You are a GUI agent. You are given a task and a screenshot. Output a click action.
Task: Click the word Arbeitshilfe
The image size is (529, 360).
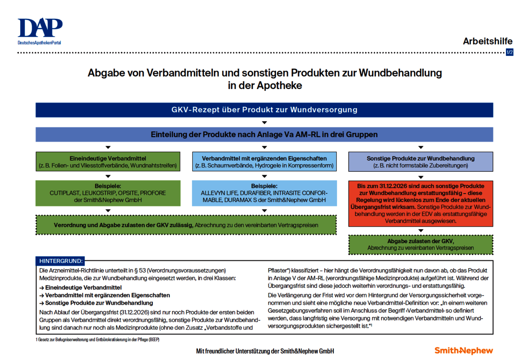[487, 41]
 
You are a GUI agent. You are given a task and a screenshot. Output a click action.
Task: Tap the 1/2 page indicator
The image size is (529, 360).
[509, 52]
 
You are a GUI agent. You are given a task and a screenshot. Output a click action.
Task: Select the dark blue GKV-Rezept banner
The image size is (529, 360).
[264, 110]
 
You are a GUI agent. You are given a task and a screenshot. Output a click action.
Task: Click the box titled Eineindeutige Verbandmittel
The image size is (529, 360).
[108, 162]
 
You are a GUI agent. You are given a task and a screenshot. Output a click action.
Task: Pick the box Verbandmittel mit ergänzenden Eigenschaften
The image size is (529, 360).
[264, 162]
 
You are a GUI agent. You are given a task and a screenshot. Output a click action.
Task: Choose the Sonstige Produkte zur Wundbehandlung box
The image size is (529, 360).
[420, 162]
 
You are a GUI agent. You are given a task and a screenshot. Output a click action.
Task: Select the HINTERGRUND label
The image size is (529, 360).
[61, 261]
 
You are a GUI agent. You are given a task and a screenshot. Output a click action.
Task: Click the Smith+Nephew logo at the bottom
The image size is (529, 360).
[464, 350]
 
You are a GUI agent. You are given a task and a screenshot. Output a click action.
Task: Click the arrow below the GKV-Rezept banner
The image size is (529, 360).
[264, 122]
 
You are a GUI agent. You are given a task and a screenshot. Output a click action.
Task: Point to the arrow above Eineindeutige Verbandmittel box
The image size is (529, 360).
[108, 147]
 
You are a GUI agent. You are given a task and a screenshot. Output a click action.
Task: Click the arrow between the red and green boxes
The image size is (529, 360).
[420, 231]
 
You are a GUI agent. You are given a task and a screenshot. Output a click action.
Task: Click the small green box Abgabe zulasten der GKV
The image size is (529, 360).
[420, 244]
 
